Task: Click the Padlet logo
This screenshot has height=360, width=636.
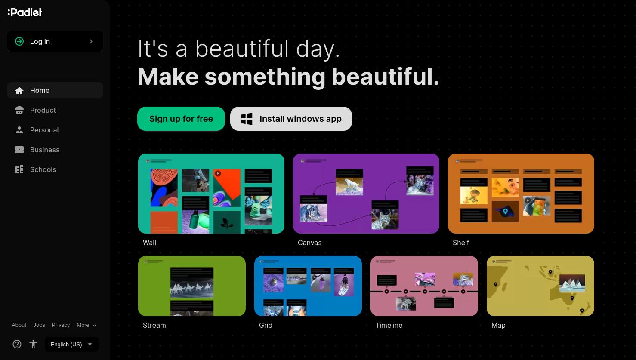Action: pyautogui.click(x=25, y=12)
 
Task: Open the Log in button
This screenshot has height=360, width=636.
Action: pyautogui.click(x=55, y=41)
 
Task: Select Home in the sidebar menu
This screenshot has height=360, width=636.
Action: pyautogui.click(x=55, y=90)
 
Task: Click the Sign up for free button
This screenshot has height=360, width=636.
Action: pyautogui.click(x=181, y=119)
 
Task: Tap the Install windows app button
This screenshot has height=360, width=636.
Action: pyautogui.click(x=291, y=119)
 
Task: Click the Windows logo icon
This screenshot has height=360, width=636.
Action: pyautogui.click(x=247, y=119)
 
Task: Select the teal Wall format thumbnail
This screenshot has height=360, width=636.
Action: pyautogui.click(x=211, y=194)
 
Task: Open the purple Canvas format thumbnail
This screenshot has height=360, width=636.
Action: pyautogui.click(x=366, y=194)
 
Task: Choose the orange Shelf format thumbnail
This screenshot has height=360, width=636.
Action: pyautogui.click(x=521, y=194)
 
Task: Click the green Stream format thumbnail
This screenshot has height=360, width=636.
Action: pyautogui.click(x=192, y=286)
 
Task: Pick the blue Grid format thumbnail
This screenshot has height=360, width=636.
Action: pyautogui.click(x=308, y=286)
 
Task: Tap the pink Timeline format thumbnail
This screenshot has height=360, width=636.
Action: pyautogui.click(x=424, y=286)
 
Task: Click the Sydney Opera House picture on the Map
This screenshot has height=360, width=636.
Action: pyautogui.click(x=572, y=283)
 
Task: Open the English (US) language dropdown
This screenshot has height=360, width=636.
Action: pyautogui.click(x=71, y=345)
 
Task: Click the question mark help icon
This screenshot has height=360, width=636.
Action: pyautogui.click(x=17, y=344)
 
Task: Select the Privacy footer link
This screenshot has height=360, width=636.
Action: pyautogui.click(x=61, y=325)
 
